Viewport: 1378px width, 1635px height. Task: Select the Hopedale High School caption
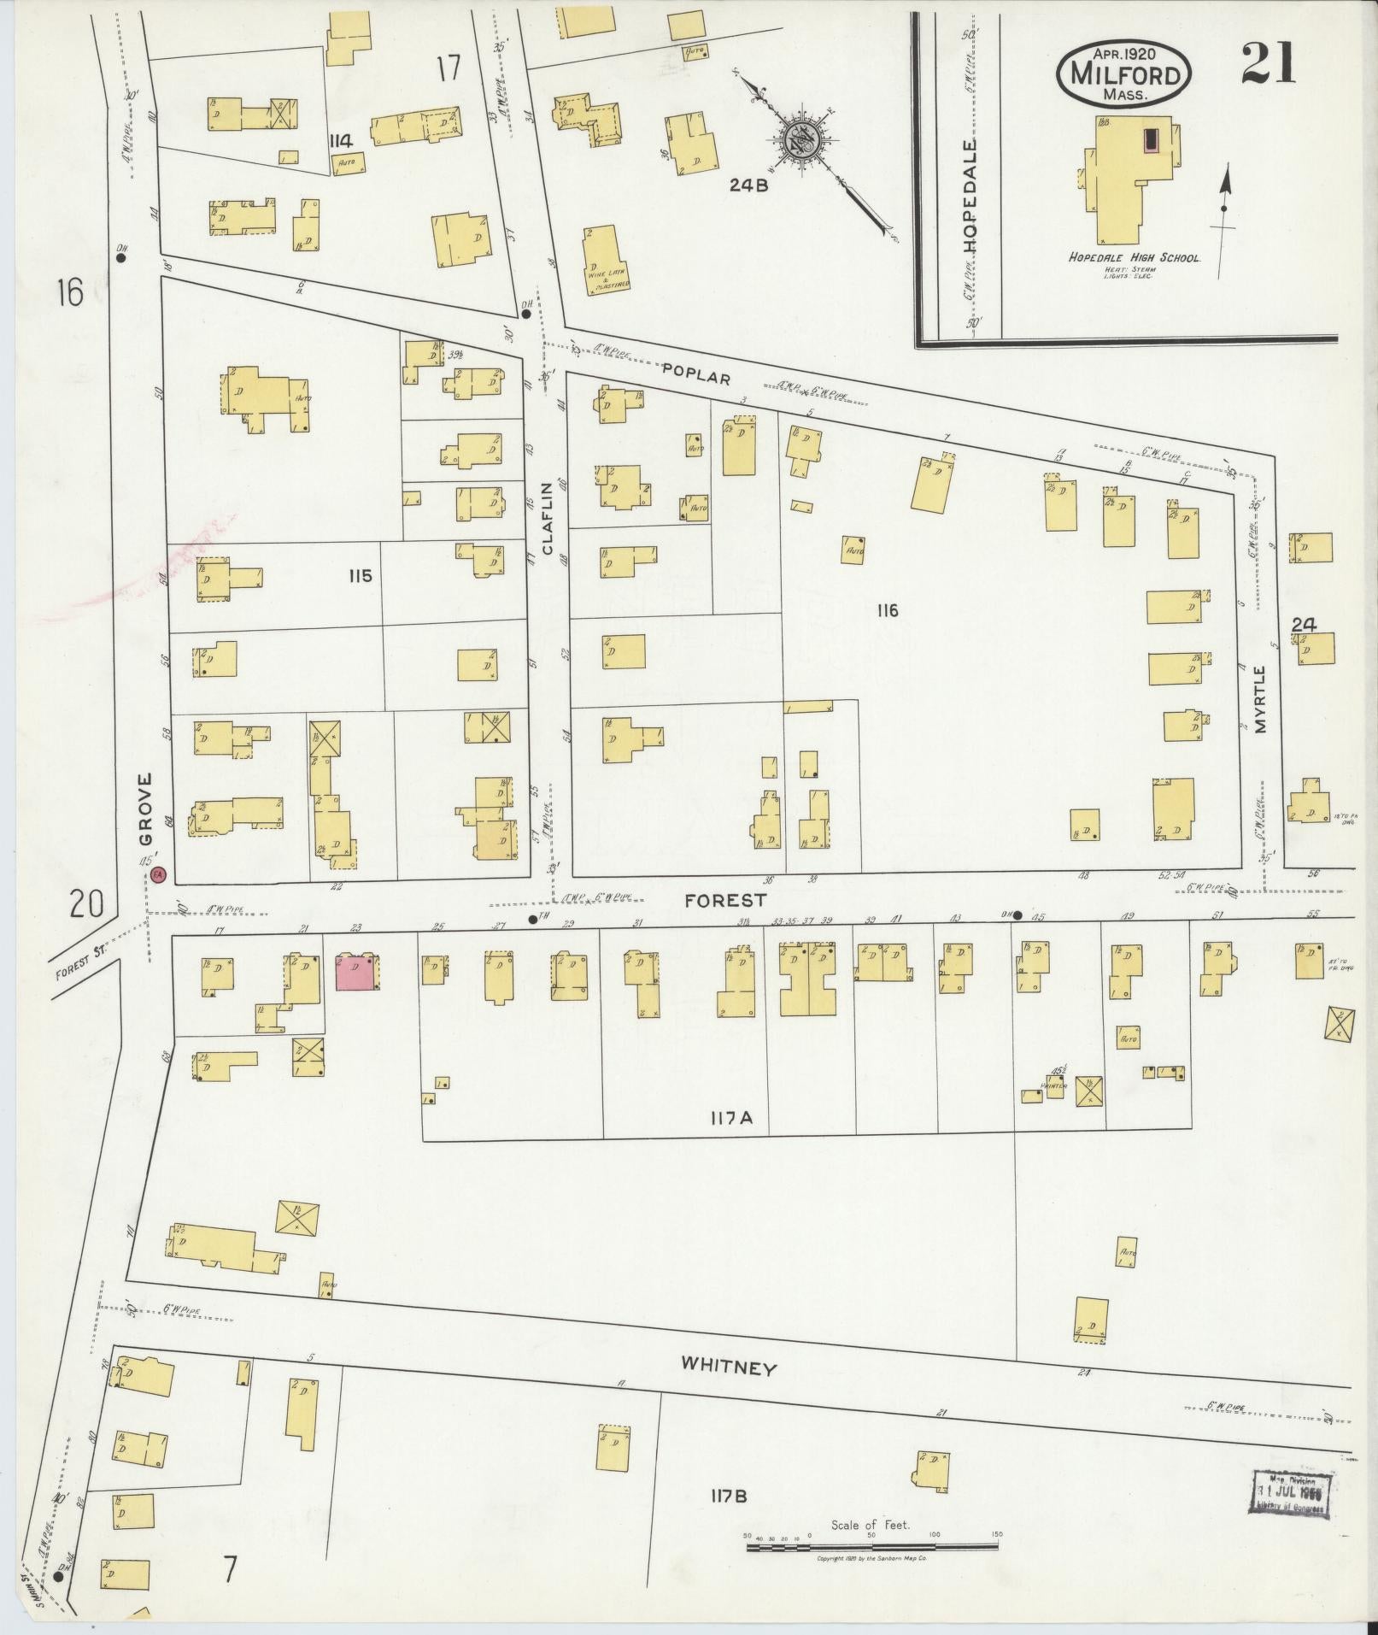pos(1135,256)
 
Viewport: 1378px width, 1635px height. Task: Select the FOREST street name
pos(724,900)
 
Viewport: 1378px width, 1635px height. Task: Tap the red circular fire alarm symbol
pos(159,874)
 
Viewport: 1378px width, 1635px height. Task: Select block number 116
pos(887,610)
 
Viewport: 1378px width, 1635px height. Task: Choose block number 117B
pos(729,1496)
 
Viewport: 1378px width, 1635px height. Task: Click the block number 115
pos(360,576)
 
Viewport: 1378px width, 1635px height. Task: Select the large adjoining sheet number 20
pos(88,903)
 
